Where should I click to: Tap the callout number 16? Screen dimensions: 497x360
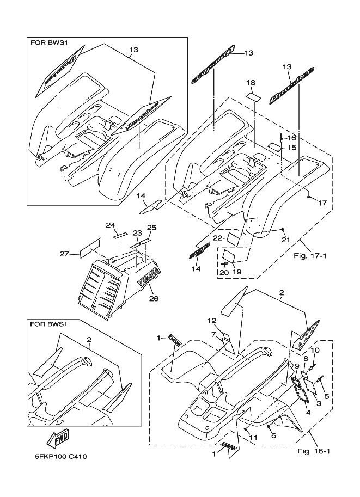(x=291, y=138)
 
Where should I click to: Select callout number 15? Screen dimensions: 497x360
(x=291, y=148)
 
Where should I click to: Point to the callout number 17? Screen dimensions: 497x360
(x=322, y=203)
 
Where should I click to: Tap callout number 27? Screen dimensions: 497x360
(x=64, y=254)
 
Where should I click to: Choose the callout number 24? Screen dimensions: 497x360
(x=111, y=225)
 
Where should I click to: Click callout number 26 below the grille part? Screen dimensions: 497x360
(x=145, y=298)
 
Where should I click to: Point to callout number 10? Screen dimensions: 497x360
(x=315, y=349)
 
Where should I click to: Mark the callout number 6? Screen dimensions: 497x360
(x=273, y=435)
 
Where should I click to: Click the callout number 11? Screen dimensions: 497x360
(x=252, y=438)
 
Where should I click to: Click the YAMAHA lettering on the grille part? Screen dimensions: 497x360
(x=148, y=279)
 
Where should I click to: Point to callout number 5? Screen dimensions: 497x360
(x=326, y=397)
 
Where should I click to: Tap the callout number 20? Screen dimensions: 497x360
(x=224, y=272)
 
